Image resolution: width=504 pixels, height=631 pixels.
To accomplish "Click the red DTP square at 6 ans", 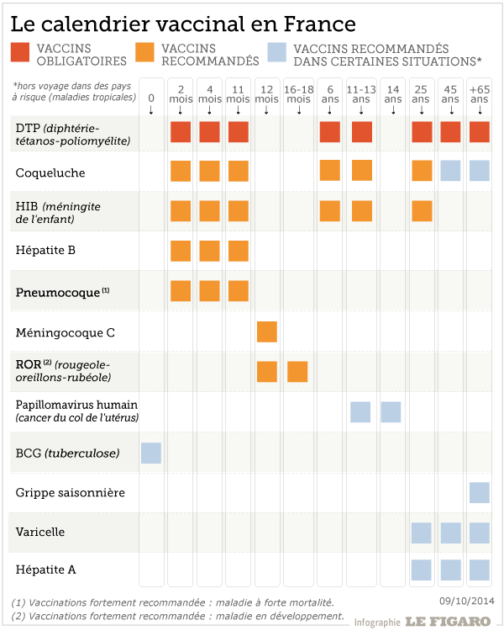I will (330, 132).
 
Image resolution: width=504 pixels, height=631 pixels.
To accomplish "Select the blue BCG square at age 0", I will (150, 453).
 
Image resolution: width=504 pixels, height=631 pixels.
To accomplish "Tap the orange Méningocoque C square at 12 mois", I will (266, 331).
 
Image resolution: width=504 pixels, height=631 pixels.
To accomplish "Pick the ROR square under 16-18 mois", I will (297, 371).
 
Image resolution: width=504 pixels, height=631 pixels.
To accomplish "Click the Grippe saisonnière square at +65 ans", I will (480, 492).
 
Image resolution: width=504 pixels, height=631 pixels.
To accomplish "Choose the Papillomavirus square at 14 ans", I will (391, 412).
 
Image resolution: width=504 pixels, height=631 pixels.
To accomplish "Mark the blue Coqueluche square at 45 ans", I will (450, 171).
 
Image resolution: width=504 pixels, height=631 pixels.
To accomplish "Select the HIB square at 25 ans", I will (422, 210).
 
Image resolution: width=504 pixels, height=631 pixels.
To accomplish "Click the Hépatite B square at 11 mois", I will (239, 251).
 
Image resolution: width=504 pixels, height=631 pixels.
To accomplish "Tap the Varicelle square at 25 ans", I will (422, 533).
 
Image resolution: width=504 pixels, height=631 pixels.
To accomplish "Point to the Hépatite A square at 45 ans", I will (450, 570).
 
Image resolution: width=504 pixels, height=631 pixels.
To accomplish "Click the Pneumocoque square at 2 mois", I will (181, 291).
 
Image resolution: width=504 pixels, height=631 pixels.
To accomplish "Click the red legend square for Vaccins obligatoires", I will (22, 54).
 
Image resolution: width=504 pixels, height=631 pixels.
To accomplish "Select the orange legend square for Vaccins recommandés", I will (144, 54).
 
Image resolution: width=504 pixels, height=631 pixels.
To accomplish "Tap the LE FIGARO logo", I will (448, 622).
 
